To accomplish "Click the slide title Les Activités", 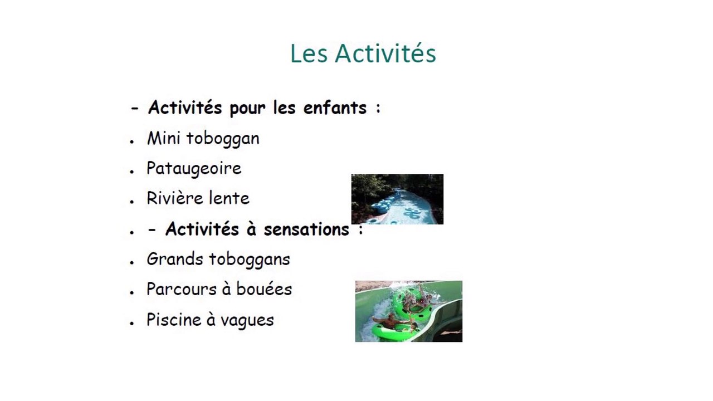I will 363,54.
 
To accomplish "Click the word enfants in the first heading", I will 335,107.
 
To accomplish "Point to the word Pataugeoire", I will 194,169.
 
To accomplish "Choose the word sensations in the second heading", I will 306,229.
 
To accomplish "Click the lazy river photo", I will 397,199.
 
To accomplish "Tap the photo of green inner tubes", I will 408,311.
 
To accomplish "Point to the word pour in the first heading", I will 248,109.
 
